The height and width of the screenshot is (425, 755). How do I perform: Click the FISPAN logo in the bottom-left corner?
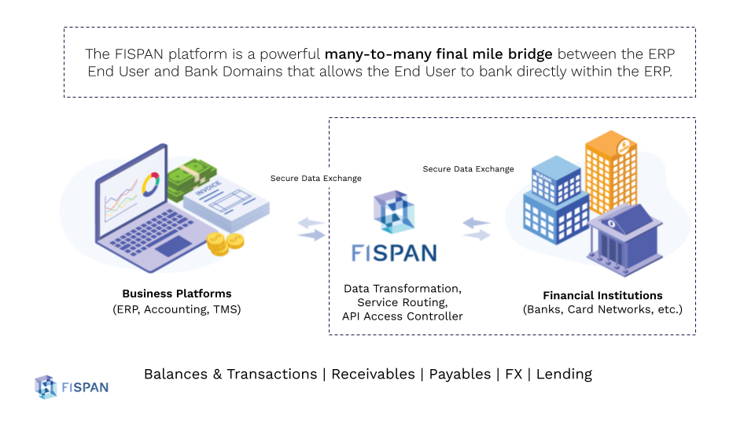(x=72, y=386)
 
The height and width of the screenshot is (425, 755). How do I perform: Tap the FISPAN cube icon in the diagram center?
(x=394, y=212)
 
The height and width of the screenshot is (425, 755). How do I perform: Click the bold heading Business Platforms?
(x=176, y=294)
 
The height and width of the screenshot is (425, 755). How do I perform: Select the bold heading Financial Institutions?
(x=602, y=295)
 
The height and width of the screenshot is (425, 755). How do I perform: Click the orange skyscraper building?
(x=610, y=173)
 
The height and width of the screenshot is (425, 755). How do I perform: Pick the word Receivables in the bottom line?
(x=373, y=374)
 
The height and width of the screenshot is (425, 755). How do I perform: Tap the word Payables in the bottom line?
(x=459, y=374)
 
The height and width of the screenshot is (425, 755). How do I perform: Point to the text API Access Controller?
(x=402, y=316)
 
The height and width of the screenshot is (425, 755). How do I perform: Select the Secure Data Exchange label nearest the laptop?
(x=315, y=178)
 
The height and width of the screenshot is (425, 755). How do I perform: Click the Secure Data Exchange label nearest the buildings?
(x=468, y=168)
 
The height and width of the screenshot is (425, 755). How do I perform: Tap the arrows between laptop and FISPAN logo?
(x=311, y=229)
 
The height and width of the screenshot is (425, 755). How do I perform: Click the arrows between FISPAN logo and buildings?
(x=477, y=229)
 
